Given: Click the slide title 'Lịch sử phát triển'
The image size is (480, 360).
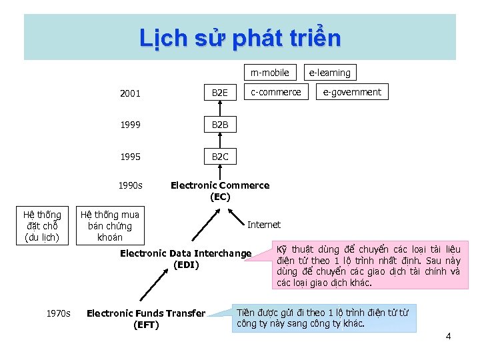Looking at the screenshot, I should (240, 38).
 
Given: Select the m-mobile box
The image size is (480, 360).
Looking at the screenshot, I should (270, 72).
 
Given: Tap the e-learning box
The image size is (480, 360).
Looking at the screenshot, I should (329, 72).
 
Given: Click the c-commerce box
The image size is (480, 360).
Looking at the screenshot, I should (276, 92).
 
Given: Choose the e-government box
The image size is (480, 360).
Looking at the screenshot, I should (352, 92).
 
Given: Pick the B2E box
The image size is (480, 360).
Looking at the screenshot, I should (220, 93).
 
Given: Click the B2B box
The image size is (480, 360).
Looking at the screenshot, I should (220, 125).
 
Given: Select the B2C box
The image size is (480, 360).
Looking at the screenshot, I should (220, 157).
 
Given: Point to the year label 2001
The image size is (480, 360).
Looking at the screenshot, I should (130, 93).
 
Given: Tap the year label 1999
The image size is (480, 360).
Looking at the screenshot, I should (130, 125).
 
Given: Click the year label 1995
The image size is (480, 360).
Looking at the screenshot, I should (130, 157).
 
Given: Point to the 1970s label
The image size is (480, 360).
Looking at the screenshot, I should (58, 313).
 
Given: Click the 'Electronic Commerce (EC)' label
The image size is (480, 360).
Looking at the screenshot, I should (220, 191).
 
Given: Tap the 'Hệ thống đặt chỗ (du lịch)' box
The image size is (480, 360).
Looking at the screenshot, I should (42, 225).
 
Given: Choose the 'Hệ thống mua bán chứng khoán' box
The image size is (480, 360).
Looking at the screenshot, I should (109, 225).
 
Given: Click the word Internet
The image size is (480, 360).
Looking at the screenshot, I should (264, 225).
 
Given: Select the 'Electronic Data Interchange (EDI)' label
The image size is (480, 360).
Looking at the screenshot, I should (185, 259).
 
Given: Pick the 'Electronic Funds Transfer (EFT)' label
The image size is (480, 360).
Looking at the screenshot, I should (146, 319).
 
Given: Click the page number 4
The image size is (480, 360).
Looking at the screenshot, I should (448, 336).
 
